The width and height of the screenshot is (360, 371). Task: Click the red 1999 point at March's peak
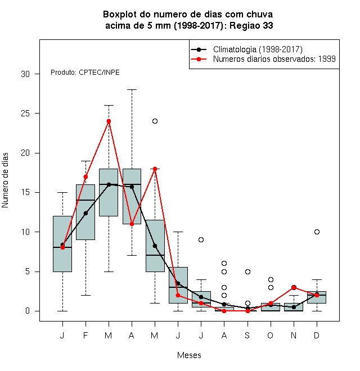tap(109, 121)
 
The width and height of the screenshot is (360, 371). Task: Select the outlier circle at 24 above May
tap(155, 121)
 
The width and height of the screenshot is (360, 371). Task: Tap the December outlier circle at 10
tap(317, 232)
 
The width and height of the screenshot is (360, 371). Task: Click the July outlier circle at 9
tap(201, 239)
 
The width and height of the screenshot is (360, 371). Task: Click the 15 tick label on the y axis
tap(25, 192)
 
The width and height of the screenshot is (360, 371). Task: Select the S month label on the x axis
tap(247, 335)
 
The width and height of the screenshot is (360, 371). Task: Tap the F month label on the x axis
tap(85, 335)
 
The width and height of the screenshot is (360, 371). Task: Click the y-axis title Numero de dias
tap(5, 180)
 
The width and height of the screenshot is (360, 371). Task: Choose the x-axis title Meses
tap(189, 355)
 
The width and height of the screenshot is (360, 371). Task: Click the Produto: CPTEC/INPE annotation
tap(85, 73)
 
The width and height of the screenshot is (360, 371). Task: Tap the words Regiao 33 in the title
tap(251, 25)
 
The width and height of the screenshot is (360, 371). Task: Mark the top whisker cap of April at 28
tap(132, 90)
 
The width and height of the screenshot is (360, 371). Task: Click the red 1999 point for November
tap(294, 287)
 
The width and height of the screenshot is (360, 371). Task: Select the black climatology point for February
tap(85, 214)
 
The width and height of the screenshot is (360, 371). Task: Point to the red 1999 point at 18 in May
tap(155, 169)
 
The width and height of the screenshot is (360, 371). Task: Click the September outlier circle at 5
tap(247, 272)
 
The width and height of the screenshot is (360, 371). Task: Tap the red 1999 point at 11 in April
tap(132, 224)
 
